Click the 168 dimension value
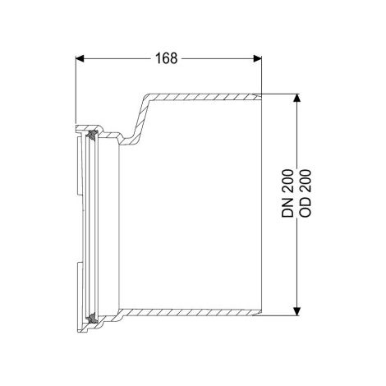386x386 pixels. [166, 58]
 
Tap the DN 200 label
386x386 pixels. [287, 194]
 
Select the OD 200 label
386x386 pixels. [306, 194]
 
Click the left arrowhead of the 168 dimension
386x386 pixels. [80, 58]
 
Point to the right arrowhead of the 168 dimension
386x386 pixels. [257, 58]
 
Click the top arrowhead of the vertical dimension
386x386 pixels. [296, 98]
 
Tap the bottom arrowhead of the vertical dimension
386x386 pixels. [296, 311]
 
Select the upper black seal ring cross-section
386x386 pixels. [91, 135]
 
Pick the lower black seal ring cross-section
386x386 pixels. [91, 318]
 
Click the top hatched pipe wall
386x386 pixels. [203, 97]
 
